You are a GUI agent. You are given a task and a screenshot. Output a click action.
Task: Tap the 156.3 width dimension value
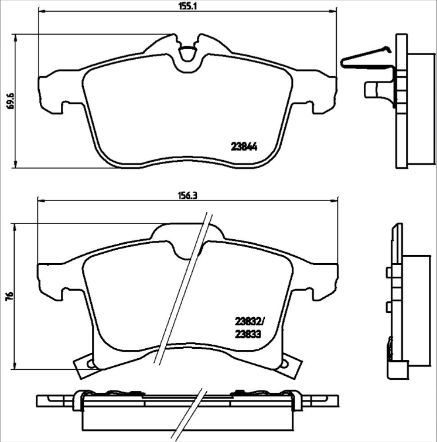click(187, 196)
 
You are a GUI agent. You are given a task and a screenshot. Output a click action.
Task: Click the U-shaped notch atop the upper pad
click(188, 55)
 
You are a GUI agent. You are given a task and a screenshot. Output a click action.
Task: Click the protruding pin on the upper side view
click(372, 89)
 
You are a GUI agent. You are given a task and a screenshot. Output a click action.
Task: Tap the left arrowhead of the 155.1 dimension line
click(41, 12)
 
